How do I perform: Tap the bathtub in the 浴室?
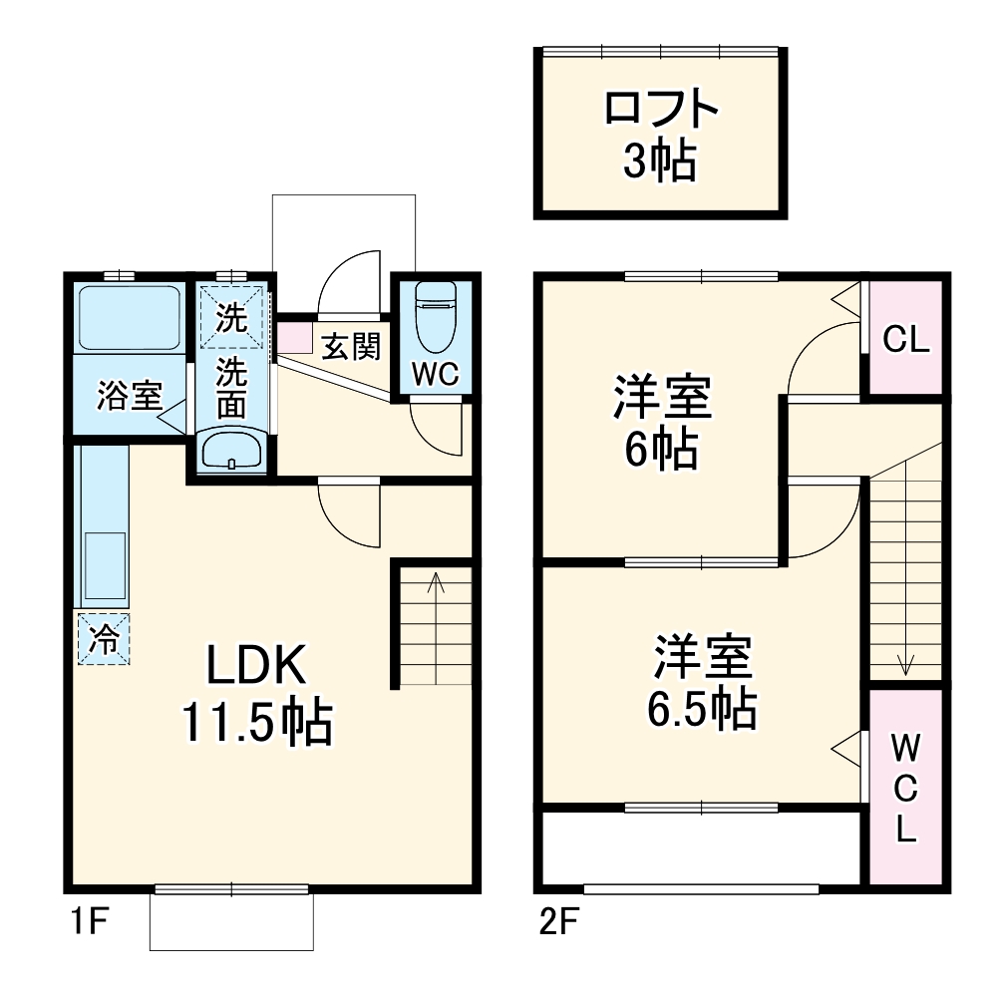tap(130, 317)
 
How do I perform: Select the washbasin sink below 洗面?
tap(231, 452)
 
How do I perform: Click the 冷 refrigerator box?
tap(103, 638)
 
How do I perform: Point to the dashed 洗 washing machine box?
tap(231, 318)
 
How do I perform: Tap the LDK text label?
tap(256, 665)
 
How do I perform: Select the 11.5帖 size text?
tap(257, 723)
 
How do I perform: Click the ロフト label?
tap(661, 109)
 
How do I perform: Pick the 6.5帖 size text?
tap(702, 709)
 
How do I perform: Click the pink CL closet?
tap(905, 337)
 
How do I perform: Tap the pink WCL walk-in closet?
tap(905, 788)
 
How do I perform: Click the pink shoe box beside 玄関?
tap(294, 338)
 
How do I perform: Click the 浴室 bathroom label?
tap(130, 395)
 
